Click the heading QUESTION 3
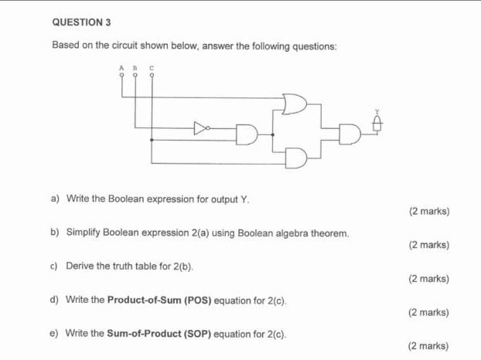click(79, 21)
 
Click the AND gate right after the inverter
click(247, 134)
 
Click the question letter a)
click(56, 199)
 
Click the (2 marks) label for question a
click(429, 211)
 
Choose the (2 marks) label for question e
click(429, 346)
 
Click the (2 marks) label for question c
click(429, 278)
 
